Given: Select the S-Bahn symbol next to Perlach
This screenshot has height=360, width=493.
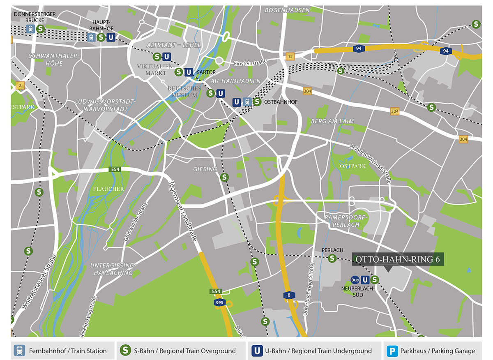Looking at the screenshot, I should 332,258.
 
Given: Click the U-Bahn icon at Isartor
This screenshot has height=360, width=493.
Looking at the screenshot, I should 189,72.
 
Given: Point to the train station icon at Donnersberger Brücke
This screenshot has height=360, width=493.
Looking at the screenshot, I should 30,29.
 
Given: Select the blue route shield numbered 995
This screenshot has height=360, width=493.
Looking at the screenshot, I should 219,302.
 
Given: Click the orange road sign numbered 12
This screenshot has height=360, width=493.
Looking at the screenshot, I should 290,56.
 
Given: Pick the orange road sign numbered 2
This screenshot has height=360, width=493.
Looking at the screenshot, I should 18,85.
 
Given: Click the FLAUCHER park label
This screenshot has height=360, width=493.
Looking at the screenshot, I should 109,189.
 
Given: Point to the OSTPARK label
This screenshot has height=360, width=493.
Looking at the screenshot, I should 352,166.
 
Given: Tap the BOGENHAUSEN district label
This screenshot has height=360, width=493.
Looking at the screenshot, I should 287,10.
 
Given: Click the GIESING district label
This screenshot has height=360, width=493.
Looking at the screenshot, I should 205,169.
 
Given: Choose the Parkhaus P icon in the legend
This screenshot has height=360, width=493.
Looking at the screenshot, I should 393,351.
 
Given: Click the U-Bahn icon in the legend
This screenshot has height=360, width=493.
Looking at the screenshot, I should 257,351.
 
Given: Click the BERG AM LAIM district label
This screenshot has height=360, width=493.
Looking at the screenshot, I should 332,121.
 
